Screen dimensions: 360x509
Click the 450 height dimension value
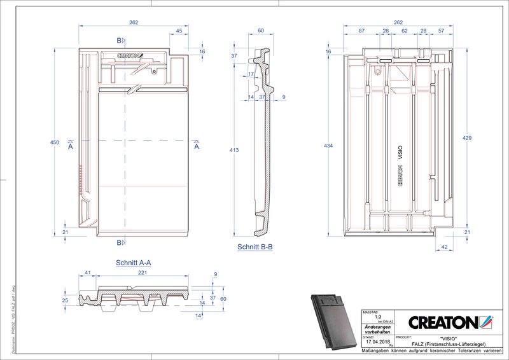pos(55,142)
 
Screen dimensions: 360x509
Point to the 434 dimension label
pos(329,146)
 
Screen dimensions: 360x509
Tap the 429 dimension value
pos(467,138)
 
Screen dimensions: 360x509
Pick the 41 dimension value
pos(87,272)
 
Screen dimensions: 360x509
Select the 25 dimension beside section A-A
pos(65,300)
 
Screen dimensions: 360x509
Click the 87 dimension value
pos(361,31)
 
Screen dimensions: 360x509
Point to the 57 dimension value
pos(441,31)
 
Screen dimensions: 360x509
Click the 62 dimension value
pos(404,31)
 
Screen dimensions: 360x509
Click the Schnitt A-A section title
pos(133,262)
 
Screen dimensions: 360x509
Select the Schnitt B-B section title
pos(255,247)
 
